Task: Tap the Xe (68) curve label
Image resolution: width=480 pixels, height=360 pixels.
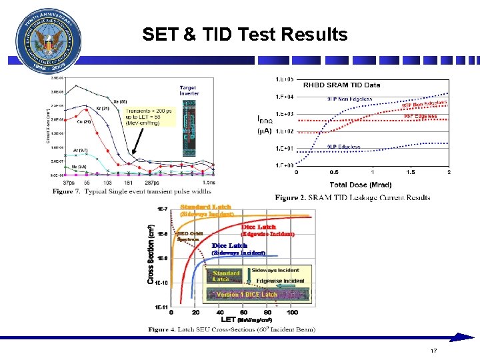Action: [119, 101]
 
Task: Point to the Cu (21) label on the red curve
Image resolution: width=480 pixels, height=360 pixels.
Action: [84, 121]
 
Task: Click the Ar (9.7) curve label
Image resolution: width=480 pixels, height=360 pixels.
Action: [80, 151]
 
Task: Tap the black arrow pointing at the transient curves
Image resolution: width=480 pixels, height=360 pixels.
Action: [136, 143]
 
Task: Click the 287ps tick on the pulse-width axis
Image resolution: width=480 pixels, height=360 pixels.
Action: [152, 182]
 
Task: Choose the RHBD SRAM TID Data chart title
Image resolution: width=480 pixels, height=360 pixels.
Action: [341, 85]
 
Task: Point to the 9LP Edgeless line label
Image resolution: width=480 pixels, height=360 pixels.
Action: [344, 147]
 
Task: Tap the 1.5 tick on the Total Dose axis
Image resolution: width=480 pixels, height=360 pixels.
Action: [410, 172]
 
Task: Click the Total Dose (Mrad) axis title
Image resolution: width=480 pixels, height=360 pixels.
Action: [361, 184]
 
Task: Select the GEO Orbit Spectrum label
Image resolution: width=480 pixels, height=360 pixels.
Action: [189, 236]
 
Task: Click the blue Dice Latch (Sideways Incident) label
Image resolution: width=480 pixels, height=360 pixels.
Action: [239, 249]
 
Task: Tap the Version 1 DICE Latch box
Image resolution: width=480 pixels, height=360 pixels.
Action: [247, 294]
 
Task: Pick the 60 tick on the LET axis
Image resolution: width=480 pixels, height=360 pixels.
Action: [244, 312]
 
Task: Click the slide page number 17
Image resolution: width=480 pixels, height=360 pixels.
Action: [433, 351]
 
